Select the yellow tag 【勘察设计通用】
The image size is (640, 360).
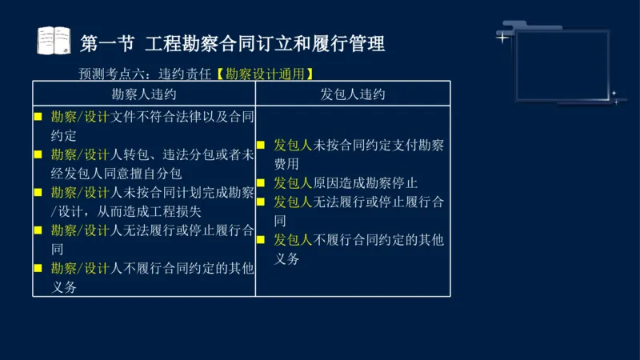263,74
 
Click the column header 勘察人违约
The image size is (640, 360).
144,94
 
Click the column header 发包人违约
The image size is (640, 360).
353,94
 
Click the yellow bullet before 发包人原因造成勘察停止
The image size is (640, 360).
261,182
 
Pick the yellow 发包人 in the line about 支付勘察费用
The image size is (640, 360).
292,145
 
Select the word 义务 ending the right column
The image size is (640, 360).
287,259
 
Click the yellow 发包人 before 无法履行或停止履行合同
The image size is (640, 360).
292,202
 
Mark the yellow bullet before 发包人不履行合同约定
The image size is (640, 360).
261,240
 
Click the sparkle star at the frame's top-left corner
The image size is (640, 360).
502,37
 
